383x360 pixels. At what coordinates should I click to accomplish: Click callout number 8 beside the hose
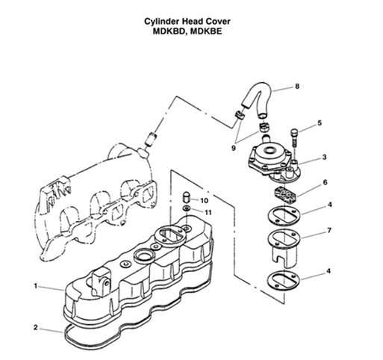[297, 87]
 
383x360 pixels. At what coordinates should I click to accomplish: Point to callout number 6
[324, 181]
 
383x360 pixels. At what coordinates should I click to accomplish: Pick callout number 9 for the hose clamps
[234, 147]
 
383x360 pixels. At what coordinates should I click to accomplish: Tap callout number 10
[205, 201]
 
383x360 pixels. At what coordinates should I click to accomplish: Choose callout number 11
[209, 213]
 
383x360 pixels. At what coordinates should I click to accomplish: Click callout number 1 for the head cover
[34, 286]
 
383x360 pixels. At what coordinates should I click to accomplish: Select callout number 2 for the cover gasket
[34, 326]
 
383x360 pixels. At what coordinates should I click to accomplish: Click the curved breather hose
[254, 99]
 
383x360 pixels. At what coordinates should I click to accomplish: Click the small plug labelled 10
[187, 198]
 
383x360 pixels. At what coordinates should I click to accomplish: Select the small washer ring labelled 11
[187, 209]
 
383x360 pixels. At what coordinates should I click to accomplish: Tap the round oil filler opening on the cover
[143, 261]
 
